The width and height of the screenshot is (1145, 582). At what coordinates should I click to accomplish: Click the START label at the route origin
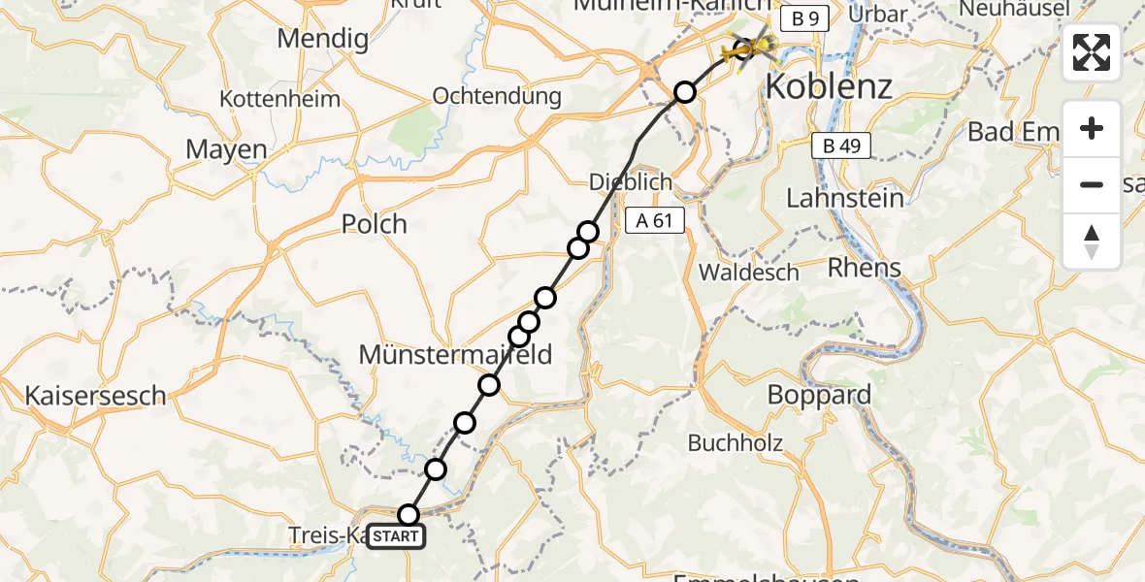(396, 536)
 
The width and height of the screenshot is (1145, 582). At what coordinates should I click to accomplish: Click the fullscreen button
(1092, 52)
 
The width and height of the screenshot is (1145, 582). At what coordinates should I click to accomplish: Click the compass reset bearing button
(1092, 242)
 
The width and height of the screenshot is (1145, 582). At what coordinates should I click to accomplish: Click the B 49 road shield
(840, 146)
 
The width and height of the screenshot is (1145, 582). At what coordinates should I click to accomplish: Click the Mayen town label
(226, 149)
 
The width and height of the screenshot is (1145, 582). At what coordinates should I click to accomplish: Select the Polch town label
(375, 224)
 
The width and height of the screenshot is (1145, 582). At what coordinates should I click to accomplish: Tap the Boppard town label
(819, 396)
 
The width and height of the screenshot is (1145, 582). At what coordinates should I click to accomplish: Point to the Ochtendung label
(497, 96)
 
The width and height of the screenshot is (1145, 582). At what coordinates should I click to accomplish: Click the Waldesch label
(748, 273)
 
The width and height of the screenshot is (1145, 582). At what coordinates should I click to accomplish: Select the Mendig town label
(323, 40)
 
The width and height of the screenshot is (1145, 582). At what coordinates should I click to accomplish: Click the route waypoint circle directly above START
(409, 514)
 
